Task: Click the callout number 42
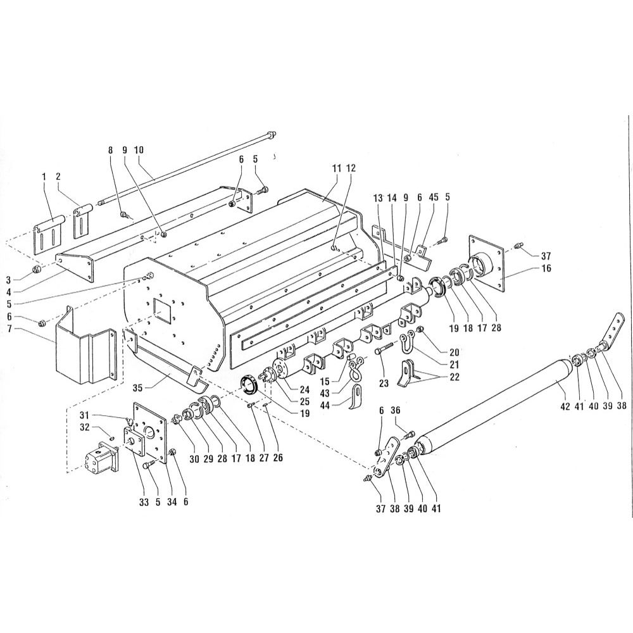(565, 407)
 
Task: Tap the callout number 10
(139, 150)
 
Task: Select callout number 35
(138, 389)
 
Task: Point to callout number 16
(546, 268)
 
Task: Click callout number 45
(433, 197)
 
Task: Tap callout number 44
(336, 404)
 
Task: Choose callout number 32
(84, 428)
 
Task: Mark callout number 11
(337, 168)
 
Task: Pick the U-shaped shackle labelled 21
(407, 340)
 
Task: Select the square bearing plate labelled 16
(486, 263)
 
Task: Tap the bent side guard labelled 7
(85, 346)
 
